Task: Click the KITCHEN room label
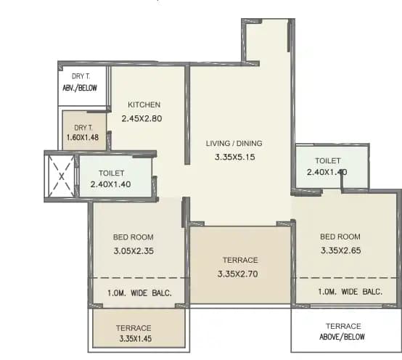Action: [144, 105]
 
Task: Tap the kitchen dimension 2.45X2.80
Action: [144, 118]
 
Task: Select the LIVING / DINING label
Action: [234, 143]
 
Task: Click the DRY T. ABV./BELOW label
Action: [82, 83]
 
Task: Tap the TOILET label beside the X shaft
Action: [112, 173]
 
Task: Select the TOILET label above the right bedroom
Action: [329, 160]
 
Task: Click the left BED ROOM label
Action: [133, 237]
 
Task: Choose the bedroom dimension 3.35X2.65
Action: [341, 251]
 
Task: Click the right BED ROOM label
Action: [340, 237]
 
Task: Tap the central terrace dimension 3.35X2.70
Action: [237, 274]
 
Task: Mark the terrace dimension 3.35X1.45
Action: [136, 338]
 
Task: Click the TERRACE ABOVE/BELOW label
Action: [343, 332]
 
